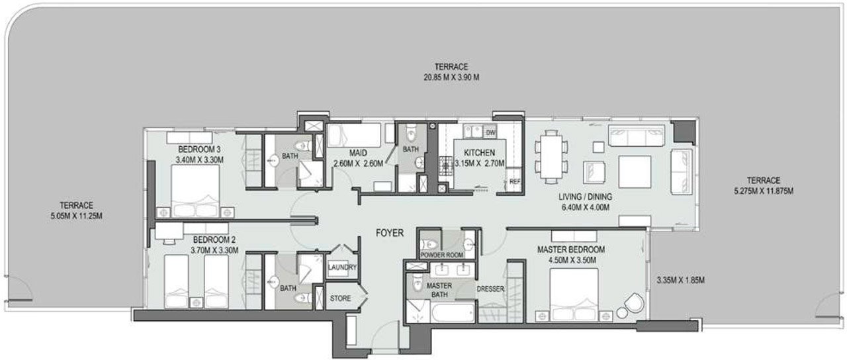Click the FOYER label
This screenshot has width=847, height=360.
(x=390, y=233)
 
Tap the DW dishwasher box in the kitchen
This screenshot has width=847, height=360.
(x=490, y=132)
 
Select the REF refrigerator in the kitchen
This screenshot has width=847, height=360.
(x=515, y=181)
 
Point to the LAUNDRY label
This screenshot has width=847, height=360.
(x=342, y=267)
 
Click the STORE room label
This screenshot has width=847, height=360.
(x=340, y=298)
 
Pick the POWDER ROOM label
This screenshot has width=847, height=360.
(x=441, y=255)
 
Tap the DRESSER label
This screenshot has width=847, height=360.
(x=490, y=289)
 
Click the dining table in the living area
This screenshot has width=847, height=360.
(x=551, y=157)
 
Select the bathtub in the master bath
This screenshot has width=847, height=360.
(x=453, y=312)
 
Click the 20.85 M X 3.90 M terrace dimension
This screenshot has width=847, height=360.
(x=451, y=77)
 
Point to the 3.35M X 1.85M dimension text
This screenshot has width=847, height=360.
(x=681, y=280)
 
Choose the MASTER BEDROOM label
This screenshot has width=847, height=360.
(x=571, y=249)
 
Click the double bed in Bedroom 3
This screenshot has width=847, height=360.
(x=195, y=191)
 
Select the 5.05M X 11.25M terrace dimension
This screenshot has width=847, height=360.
(x=76, y=216)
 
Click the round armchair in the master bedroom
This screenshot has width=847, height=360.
(x=634, y=303)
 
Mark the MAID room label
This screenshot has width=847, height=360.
(x=358, y=153)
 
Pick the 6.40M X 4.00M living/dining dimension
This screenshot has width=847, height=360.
(x=586, y=207)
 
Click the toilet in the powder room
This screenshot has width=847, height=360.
(x=428, y=244)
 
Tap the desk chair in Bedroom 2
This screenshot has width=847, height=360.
(x=169, y=242)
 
